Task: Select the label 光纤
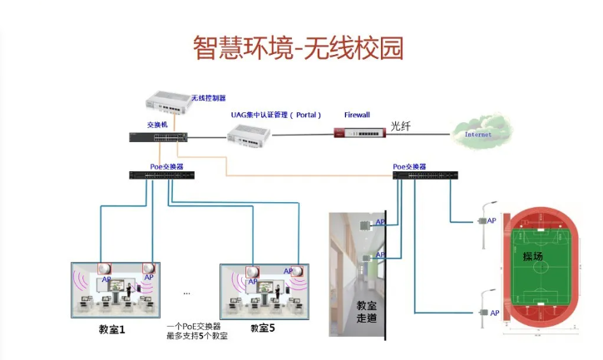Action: click(x=400, y=127)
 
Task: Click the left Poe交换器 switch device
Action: click(x=161, y=175)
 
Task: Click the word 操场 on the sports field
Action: click(x=533, y=257)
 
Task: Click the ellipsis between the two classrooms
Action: click(x=186, y=292)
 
